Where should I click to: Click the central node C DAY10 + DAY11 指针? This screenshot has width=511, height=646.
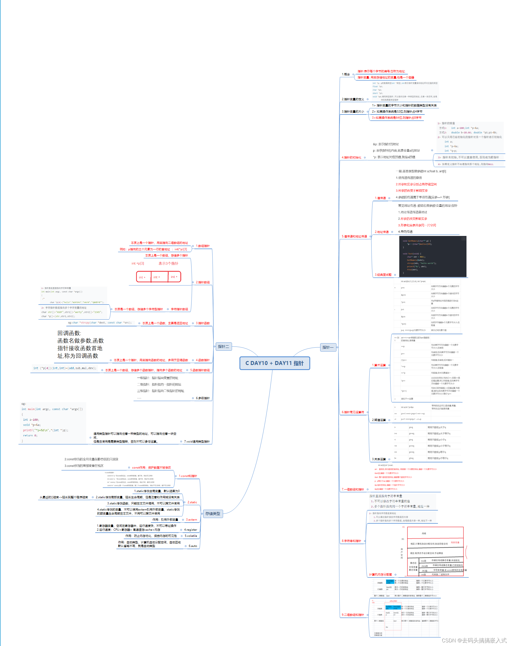tap(274, 363)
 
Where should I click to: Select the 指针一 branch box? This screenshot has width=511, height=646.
tap(328, 347)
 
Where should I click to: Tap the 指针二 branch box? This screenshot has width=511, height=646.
tap(223, 347)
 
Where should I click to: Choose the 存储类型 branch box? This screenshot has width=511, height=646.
tap(213, 514)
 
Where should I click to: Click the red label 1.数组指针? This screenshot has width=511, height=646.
tap(202, 246)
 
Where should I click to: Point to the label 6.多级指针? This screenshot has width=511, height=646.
tap(202, 398)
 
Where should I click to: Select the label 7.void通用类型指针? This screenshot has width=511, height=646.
tap(197, 441)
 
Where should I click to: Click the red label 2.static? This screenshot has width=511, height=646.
tap(192, 502)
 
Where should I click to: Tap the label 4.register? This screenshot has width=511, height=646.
tap(190, 530)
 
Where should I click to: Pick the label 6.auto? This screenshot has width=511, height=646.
tap(193, 546)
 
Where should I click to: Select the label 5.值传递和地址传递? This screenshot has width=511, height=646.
tap(354, 236)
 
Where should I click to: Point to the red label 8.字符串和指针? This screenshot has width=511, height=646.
tap(351, 541)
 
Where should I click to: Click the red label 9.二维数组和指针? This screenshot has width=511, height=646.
tap(353, 615)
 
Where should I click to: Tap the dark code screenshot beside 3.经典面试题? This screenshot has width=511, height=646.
tap(433, 256)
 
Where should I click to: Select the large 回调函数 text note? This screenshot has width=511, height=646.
tap(80, 344)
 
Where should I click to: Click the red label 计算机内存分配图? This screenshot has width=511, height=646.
tap(380, 575)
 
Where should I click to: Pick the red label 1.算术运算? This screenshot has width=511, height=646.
tap(379, 365)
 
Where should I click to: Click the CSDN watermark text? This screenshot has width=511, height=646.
tap(474, 640)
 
